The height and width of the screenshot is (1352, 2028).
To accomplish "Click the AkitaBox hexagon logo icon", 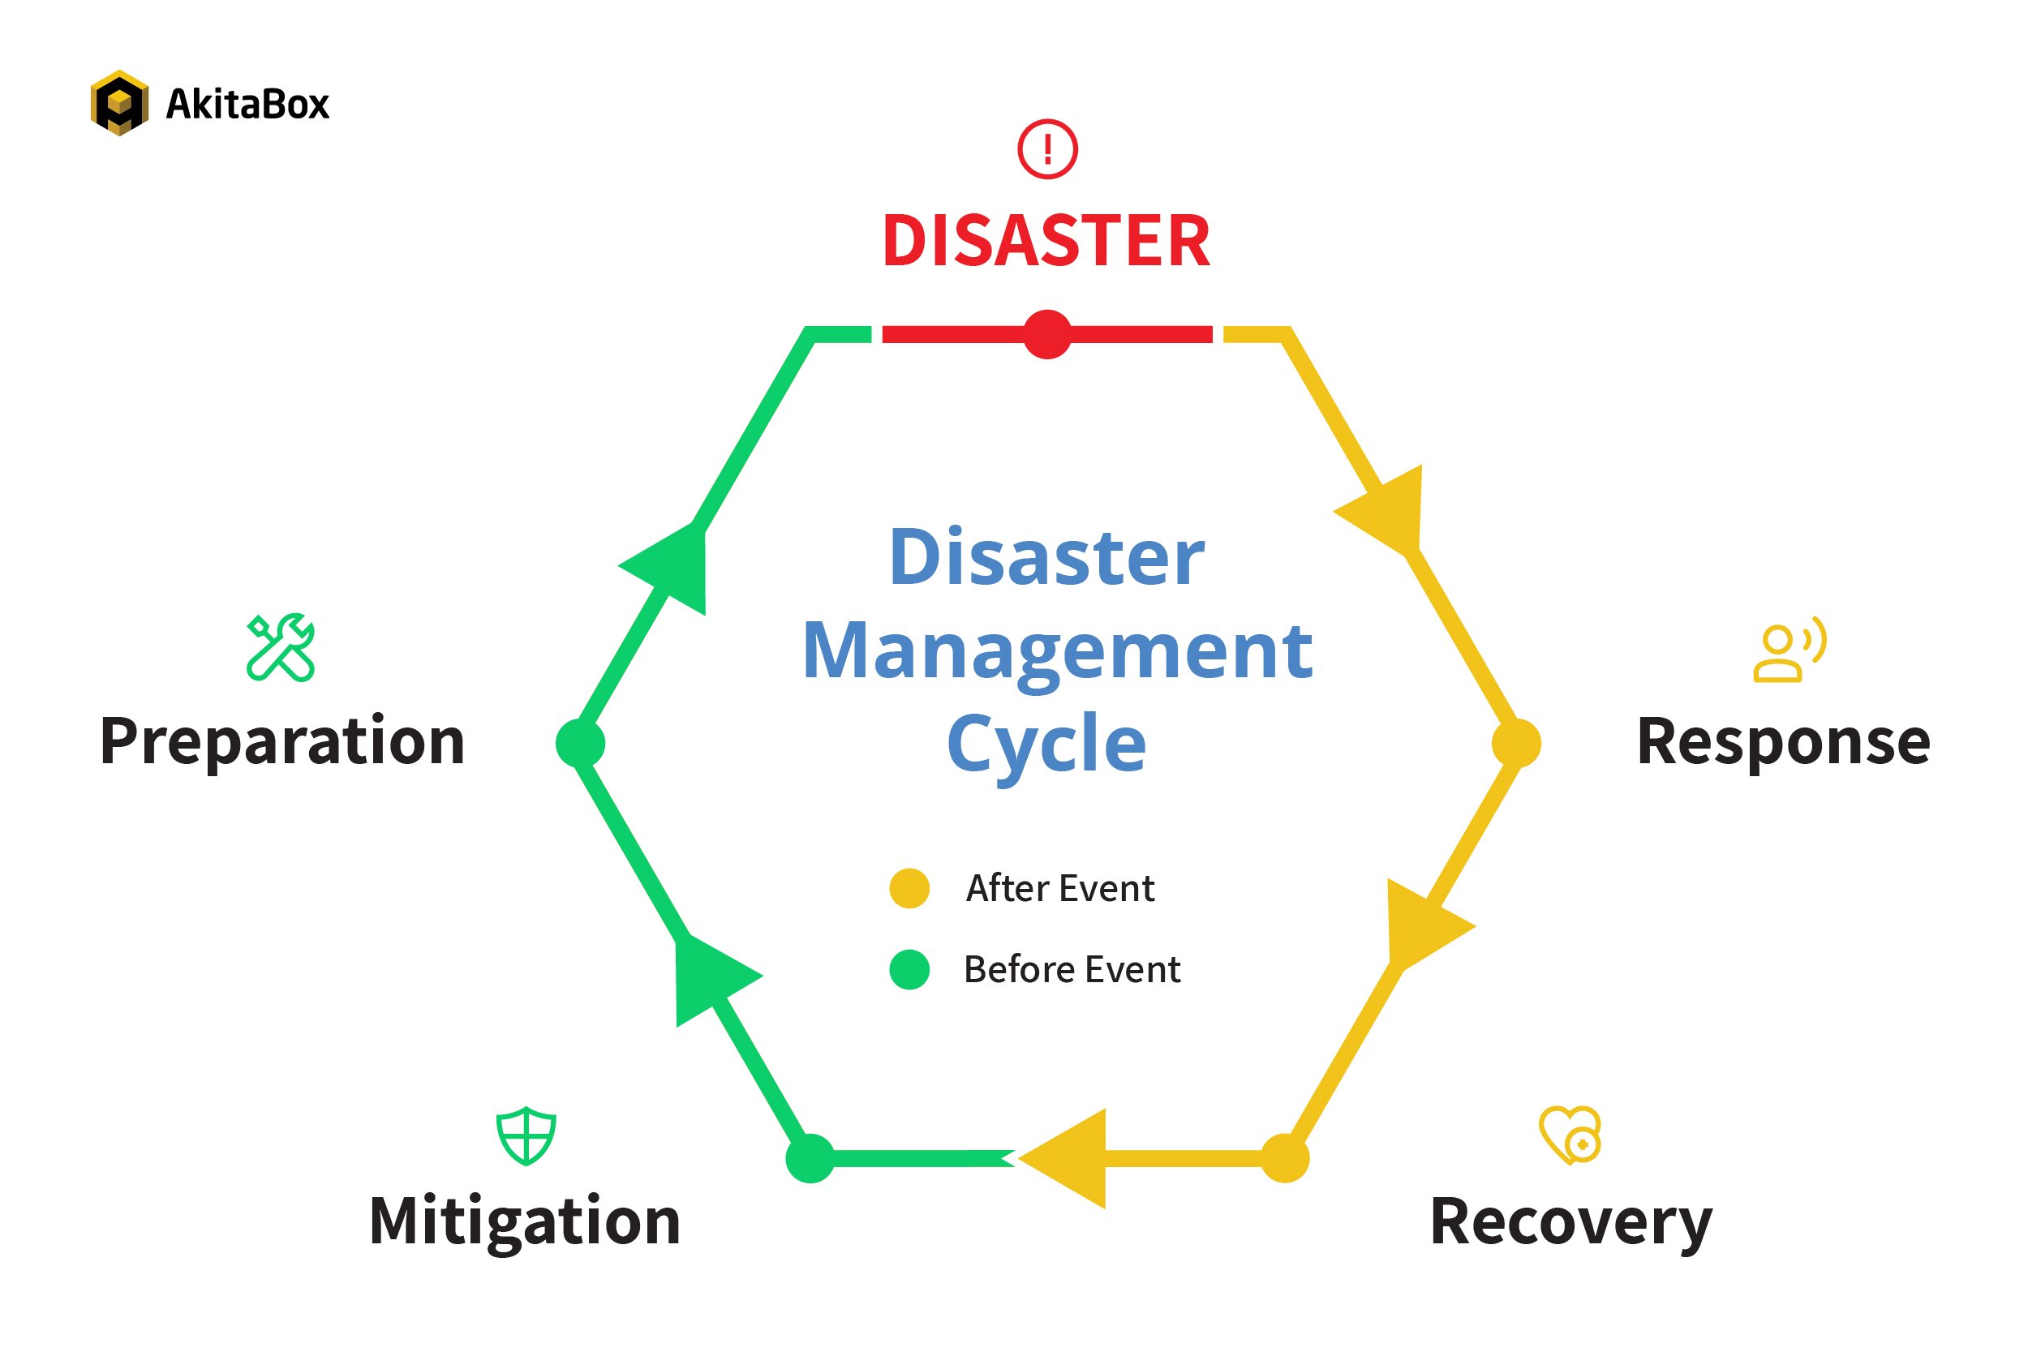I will tap(119, 103).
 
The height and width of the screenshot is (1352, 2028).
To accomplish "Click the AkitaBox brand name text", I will tap(247, 105).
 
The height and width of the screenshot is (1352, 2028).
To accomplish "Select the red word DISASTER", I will tap(1046, 241).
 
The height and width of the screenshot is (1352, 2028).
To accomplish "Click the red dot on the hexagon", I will tap(1046, 334).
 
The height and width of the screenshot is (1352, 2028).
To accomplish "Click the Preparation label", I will tap(282, 741).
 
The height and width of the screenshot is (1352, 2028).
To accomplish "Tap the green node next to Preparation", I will tap(580, 743).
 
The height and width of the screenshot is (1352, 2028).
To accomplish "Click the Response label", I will tap(1783, 741).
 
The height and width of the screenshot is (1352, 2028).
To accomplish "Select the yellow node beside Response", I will tap(1516, 743).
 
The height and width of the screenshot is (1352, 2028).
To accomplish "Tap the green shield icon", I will tap(526, 1136).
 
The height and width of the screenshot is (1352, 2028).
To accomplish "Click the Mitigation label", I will tap(524, 1221).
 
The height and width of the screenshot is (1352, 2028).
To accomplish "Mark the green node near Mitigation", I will tap(810, 1159).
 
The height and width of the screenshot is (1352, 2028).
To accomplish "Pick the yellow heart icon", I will tap(1570, 1135).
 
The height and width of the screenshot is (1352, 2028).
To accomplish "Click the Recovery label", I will tap(1571, 1221).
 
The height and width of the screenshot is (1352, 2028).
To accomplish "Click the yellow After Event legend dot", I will tap(909, 888).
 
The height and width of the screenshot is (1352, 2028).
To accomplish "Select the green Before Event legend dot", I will tap(909, 969).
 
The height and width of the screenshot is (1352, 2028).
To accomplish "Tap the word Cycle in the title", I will tap(1046, 743).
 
